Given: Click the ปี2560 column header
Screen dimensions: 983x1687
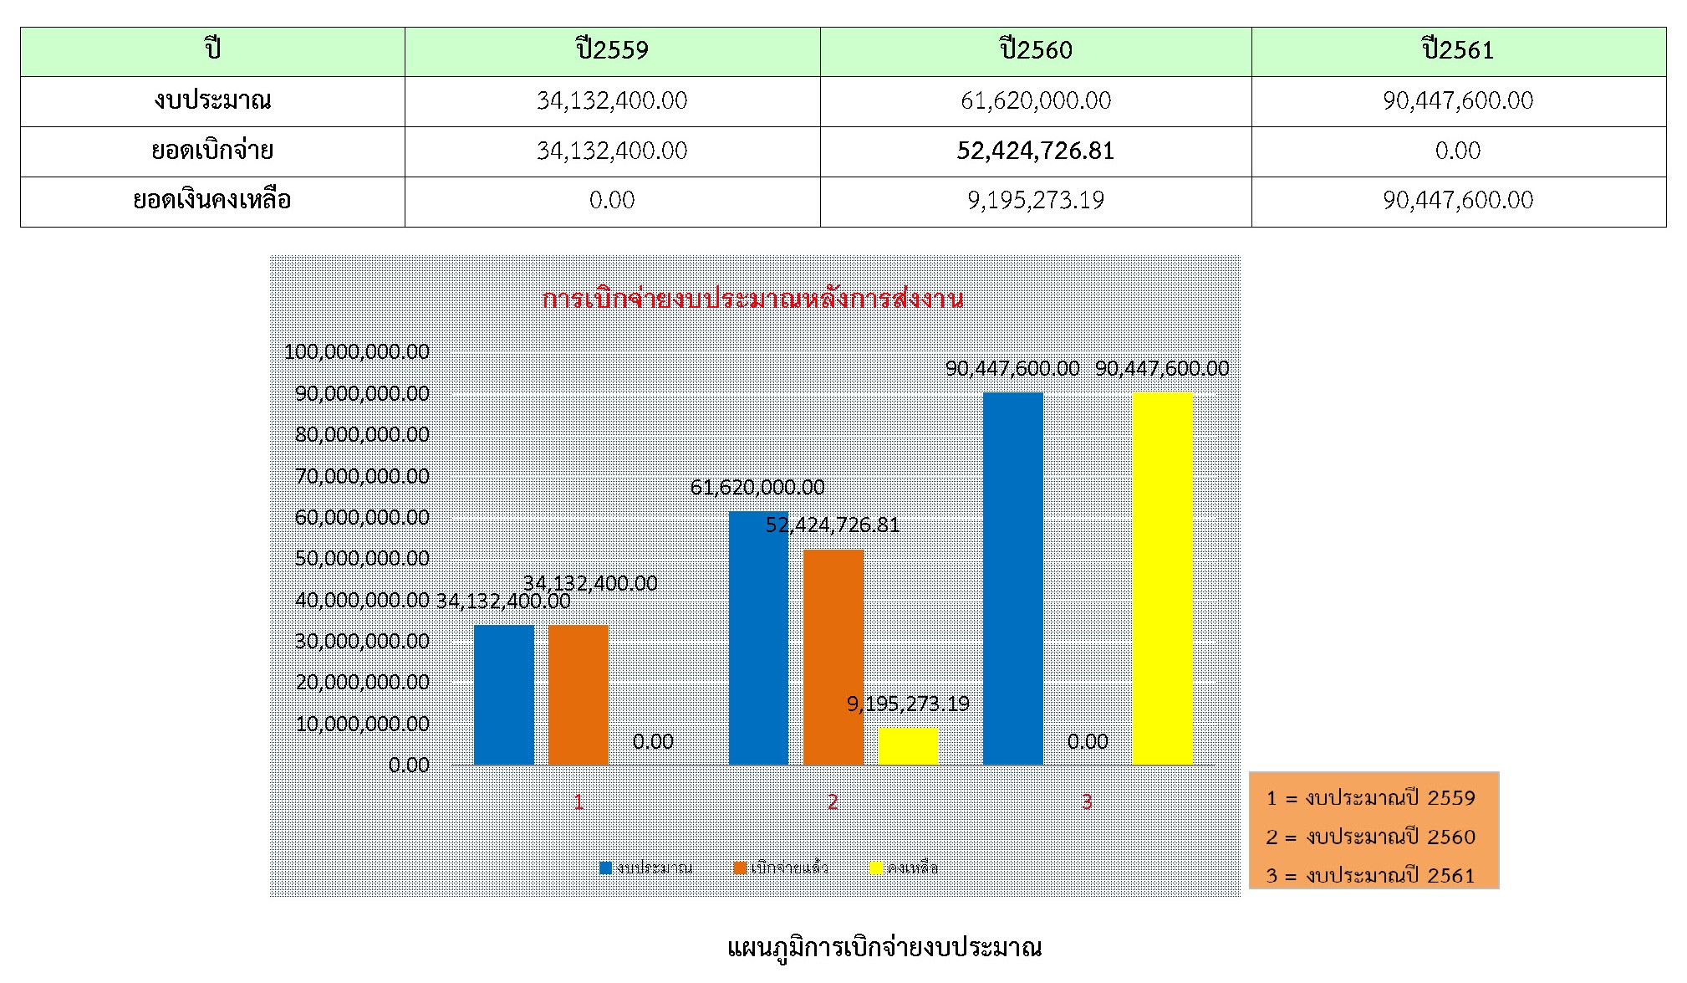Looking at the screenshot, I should pos(1035,50).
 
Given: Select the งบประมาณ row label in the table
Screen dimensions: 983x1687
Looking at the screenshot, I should pos(212,100).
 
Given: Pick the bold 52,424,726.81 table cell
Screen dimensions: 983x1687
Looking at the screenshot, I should pos(1035,151).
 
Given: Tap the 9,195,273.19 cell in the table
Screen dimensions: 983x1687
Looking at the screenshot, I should pos(1035,201).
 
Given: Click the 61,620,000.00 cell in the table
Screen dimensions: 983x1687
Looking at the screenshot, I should pos(1035,100).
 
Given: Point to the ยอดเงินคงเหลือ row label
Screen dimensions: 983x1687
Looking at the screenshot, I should pos(212,201).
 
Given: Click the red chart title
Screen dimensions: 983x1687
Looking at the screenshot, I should pos(752,299).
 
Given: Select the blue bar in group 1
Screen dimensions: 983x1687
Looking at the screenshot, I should pos(503,694).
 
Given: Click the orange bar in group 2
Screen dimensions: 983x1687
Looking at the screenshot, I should pos(833,657).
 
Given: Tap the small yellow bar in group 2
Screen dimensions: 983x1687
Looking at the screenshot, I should pos(908,746).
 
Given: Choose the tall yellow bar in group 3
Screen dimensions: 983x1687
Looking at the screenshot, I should pos(1162,577).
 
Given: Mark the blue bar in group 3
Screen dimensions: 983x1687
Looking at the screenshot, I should pos(1012,577).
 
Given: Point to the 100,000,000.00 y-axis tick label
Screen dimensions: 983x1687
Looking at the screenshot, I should pos(357,351).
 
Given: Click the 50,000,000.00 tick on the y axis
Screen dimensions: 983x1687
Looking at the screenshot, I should pos(362,558).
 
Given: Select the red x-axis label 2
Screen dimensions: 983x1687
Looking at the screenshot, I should pos(833,802).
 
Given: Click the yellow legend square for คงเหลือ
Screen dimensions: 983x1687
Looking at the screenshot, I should pos(876,868).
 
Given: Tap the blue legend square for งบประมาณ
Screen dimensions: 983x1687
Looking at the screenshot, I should pos(606,868).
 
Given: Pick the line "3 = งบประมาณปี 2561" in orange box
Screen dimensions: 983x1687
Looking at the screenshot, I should pos(1370,875).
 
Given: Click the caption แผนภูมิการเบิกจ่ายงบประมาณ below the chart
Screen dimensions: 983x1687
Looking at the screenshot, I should pos(884,948).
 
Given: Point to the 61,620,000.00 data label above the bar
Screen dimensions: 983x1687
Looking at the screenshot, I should pos(757,487).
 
